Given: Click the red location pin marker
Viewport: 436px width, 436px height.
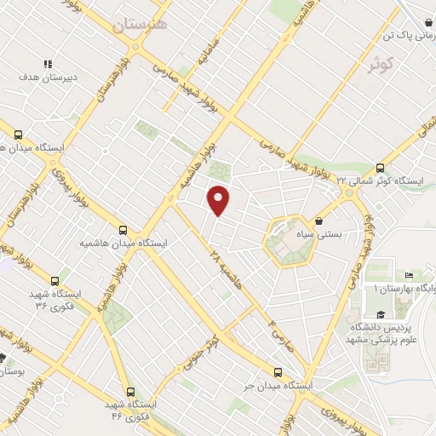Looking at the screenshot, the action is pos(220,200).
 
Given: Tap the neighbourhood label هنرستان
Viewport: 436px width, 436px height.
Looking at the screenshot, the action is pos(140,25).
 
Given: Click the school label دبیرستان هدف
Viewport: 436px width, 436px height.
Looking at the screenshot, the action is pos(49,76).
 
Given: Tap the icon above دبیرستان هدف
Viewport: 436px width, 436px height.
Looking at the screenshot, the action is pos(49,63).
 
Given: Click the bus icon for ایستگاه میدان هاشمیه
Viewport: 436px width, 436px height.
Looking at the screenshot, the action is pos(123,230).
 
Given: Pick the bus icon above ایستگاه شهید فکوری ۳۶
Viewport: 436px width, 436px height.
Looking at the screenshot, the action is pos(55,280).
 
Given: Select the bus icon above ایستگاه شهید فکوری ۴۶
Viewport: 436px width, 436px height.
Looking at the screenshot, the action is pos(129,393).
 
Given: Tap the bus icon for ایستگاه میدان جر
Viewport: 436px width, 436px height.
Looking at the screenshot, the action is pos(278,372).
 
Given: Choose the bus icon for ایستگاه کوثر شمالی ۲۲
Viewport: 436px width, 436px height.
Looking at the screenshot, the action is pos(379,167).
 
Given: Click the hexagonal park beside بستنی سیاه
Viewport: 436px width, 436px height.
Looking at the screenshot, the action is pos(287,241).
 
